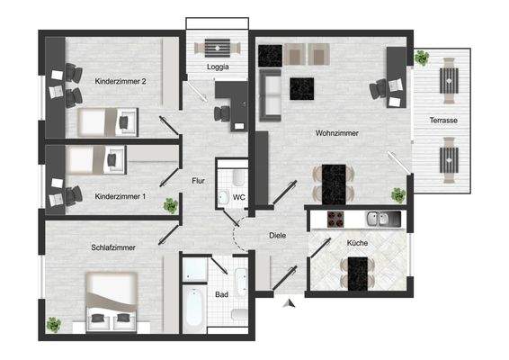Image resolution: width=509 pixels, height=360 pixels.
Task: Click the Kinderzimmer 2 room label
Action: [121, 81]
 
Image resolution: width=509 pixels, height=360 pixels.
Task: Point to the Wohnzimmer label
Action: [336, 133]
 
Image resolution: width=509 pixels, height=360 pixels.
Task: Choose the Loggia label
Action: [217, 67]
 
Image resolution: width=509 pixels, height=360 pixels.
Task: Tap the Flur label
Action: [200, 181]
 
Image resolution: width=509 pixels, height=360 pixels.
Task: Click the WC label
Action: [239, 196]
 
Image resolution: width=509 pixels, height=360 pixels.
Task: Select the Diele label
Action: [278, 236]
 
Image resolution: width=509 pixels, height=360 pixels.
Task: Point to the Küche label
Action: [358, 243]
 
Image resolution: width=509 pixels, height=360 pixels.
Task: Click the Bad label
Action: [221, 294]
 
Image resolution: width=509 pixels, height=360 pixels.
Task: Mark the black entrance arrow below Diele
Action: [289, 304]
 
